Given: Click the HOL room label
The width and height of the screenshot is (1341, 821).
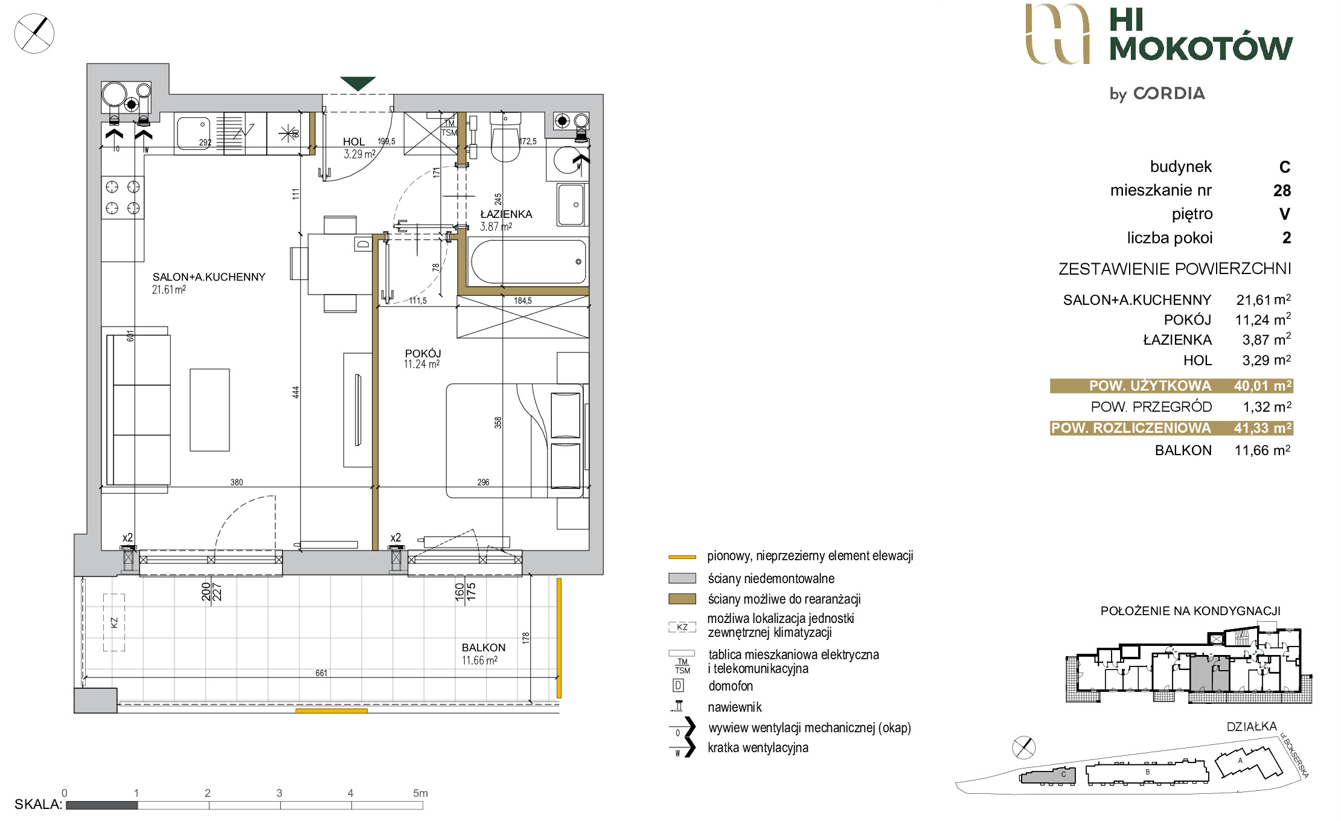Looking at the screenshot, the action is click(354, 141).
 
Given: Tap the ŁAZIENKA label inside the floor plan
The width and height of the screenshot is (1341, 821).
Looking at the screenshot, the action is click(506, 214).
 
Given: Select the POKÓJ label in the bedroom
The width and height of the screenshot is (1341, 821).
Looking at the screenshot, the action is click(423, 353).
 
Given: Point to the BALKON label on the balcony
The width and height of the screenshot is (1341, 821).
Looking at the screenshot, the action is click(484, 648).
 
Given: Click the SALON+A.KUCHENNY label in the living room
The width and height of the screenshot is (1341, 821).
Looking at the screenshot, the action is click(209, 277).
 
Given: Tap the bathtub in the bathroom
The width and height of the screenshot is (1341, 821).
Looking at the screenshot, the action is click(528, 261).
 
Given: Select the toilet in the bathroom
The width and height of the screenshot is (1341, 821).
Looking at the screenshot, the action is click(505, 137).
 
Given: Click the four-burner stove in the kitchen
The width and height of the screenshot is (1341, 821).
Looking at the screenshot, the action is click(123, 197).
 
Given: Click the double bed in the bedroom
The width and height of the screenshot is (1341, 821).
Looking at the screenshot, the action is click(515, 441).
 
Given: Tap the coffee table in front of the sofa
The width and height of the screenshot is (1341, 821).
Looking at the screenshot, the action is click(210, 410).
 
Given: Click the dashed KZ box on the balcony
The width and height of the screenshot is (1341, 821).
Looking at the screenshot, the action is click(114, 622).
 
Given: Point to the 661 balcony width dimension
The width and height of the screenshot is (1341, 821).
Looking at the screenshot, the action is click(321, 673).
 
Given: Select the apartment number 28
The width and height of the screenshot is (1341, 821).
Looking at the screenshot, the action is click(1282, 191).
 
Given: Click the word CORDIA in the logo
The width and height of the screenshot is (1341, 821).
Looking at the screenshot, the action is click(1169, 94).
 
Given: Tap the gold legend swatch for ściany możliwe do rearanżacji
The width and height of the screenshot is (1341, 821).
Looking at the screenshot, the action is click(682, 599).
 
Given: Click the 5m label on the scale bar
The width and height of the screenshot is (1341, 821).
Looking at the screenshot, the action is click(420, 793).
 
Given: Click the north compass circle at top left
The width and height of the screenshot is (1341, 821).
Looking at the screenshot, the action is click(34, 33).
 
